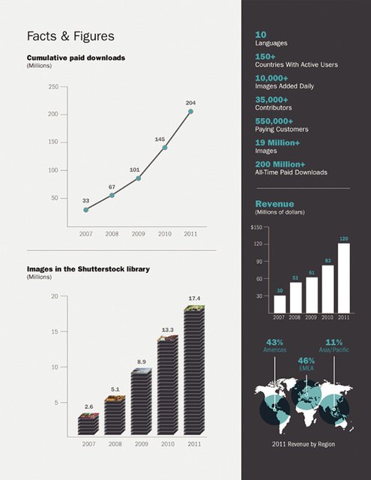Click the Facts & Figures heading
click(x=70, y=36)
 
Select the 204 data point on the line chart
click(x=190, y=112)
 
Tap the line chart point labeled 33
click(x=86, y=210)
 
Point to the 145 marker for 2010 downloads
click(x=165, y=148)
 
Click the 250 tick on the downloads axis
click(x=53, y=87)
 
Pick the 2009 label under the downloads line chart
click(x=138, y=234)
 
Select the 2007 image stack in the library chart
click(x=88, y=424)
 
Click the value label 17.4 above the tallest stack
click(x=194, y=298)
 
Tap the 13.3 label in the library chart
click(x=168, y=330)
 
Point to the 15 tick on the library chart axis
click(x=55, y=331)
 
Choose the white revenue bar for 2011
click(x=344, y=278)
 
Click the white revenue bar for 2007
click(x=280, y=304)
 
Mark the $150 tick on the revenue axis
click(x=256, y=227)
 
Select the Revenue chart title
click(x=274, y=204)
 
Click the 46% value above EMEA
click(x=306, y=361)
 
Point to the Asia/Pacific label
click(x=334, y=350)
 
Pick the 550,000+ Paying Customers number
click(x=274, y=121)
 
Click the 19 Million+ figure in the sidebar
click(x=278, y=142)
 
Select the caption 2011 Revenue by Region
click(x=304, y=444)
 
